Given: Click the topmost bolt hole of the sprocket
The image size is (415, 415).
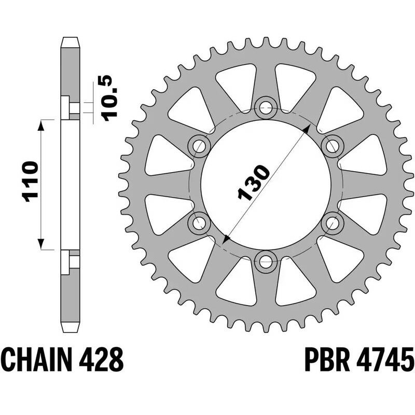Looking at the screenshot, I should tap(266, 108).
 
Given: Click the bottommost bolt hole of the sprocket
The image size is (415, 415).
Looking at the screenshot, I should tap(266, 261).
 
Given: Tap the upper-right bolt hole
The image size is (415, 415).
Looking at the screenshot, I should tap(333, 146).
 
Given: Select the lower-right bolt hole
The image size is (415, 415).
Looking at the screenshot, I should tap(333, 223).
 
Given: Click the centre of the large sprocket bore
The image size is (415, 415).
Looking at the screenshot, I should tap(266, 184).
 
